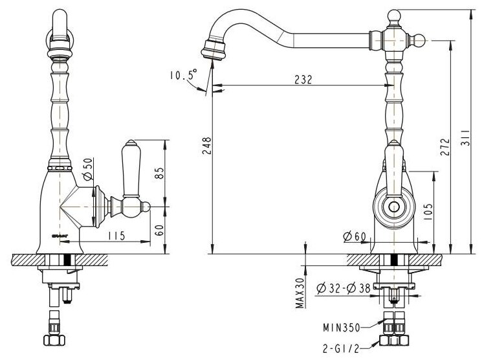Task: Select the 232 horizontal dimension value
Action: click(302, 80)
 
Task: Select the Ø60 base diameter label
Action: click(355, 237)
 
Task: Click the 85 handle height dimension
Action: click(162, 172)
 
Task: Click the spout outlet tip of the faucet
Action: click(212, 50)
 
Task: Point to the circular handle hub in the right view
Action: click(393, 208)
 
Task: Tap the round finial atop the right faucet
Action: click(395, 14)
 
